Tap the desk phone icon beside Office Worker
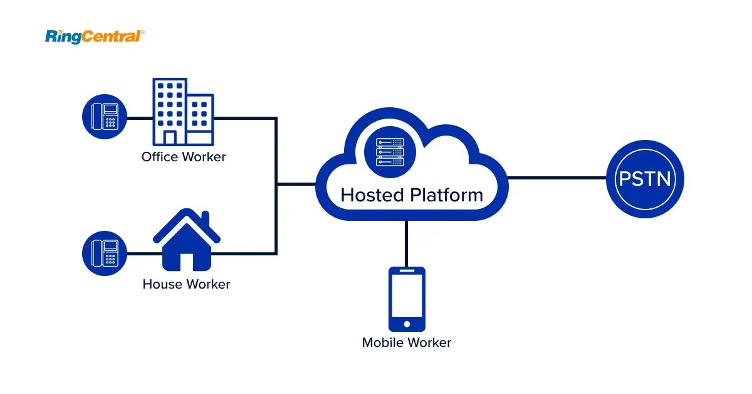pyautogui.click(x=105, y=117)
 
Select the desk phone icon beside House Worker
pyautogui.click(x=105, y=253)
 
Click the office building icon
pyautogui.click(x=182, y=112)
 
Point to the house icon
pyautogui.click(x=186, y=242)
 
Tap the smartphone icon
pyautogui.click(x=407, y=299)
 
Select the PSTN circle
pyautogui.click(x=645, y=179)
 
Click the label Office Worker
pyautogui.click(x=183, y=157)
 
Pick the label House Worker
pyautogui.click(x=186, y=284)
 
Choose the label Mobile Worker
pyautogui.click(x=407, y=343)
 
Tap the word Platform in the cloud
pyautogui.click(x=447, y=194)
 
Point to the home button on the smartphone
pyautogui.click(x=407, y=324)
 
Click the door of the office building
pyautogui.click(x=170, y=137)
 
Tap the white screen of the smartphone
pyautogui.click(x=407, y=295)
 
